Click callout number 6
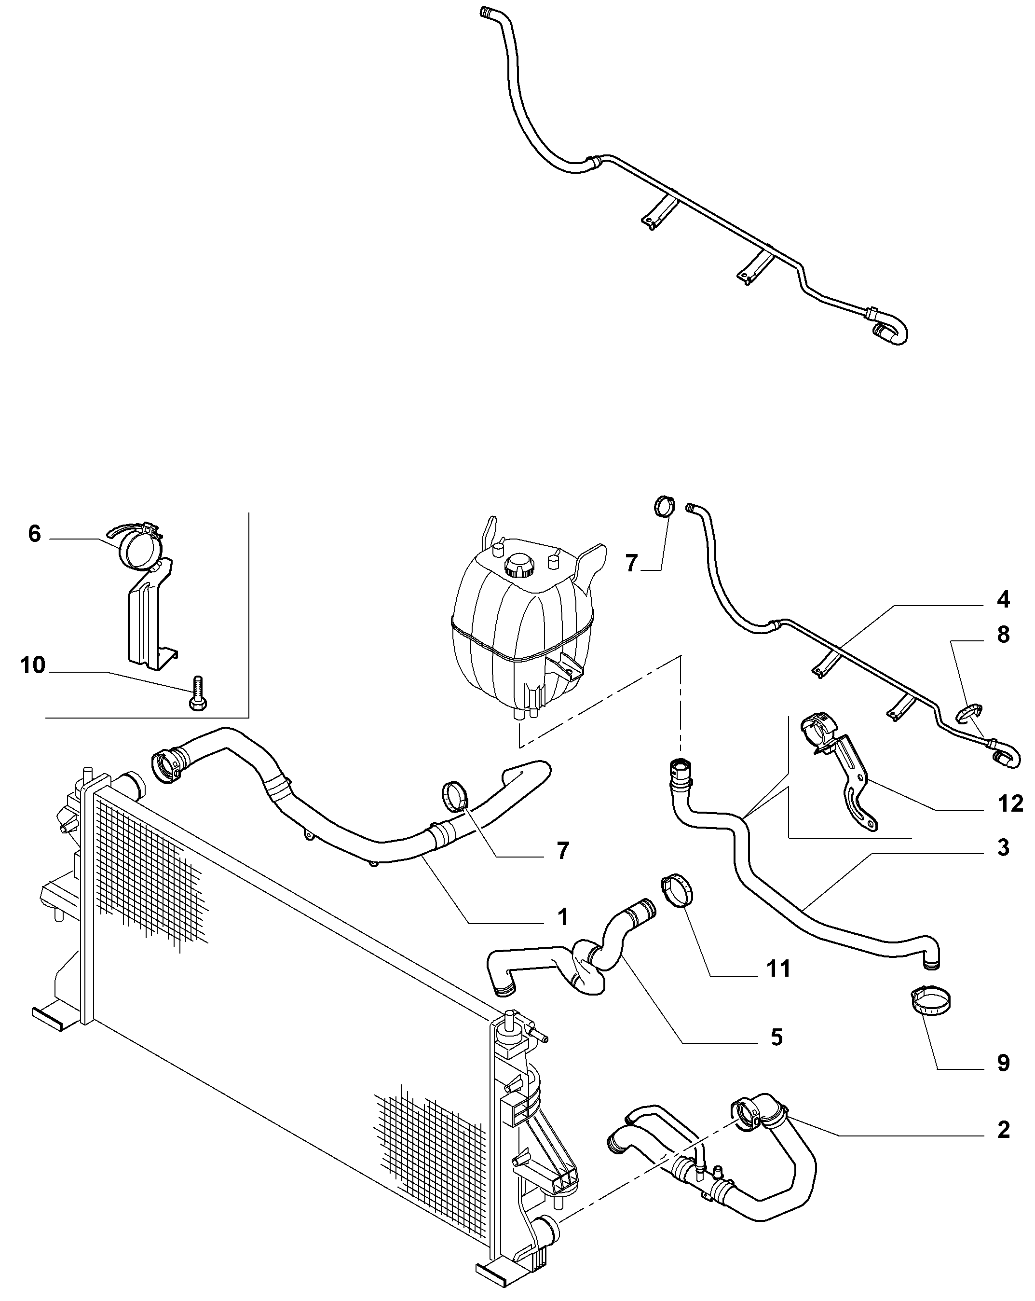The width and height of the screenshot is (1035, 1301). tap(34, 534)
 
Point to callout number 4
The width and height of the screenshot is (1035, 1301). tap(1002, 599)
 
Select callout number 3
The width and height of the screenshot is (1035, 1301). tap(1002, 847)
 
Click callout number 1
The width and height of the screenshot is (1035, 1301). tap(562, 934)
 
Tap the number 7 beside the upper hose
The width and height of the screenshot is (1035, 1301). tap(562, 851)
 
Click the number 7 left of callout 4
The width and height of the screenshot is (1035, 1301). tap(631, 563)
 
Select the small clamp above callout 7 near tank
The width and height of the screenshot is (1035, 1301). tap(664, 506)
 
